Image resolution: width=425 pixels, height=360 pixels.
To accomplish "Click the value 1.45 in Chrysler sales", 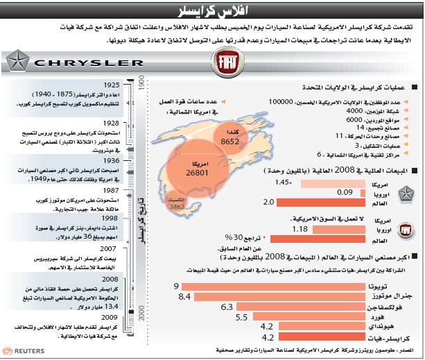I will pos(281,182).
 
